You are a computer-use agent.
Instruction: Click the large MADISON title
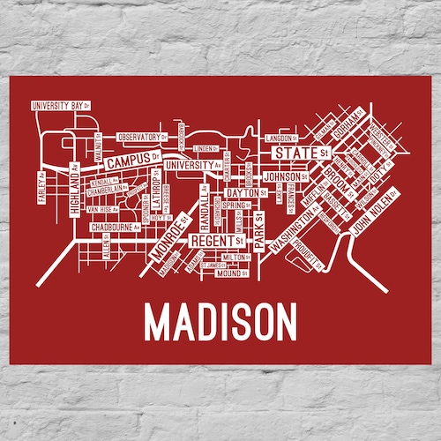click(x=220, y=321)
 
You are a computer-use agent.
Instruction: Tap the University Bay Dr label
click(x=60, y=106)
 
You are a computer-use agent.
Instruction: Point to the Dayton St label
click(x=245, y=191)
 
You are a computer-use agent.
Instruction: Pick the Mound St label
click(x=233, y=273)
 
